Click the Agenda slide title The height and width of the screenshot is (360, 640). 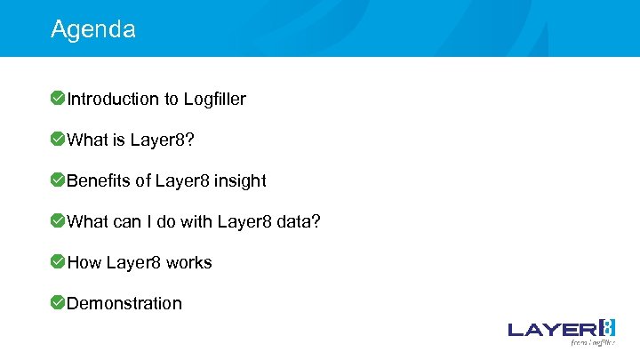93,29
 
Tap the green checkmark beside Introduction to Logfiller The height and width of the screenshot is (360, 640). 57,98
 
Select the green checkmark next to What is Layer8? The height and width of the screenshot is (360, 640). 57,139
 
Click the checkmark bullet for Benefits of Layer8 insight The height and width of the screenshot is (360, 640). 57,180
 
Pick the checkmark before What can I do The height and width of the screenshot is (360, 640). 57,220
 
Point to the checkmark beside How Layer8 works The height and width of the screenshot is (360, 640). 57,261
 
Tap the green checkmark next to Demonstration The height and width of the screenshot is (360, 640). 57,302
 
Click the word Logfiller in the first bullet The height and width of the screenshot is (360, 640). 214,99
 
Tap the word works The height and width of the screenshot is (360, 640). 188,262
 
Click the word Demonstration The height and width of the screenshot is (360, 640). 124,303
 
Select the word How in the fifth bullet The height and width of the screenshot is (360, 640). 84,262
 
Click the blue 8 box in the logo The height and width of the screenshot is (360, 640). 607,327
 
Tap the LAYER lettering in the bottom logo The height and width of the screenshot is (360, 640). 551,329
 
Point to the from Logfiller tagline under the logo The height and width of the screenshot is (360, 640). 592,342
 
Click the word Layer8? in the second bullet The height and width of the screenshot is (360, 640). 162,140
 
